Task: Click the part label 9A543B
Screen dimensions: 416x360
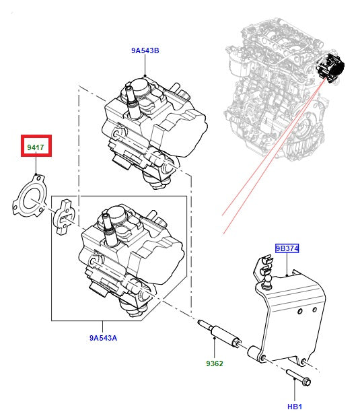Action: coord(145,50)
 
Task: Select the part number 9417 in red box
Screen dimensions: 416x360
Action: coord(36,146)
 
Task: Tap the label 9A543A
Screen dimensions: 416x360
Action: coord(103,337)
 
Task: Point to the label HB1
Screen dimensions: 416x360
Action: coord(294,407)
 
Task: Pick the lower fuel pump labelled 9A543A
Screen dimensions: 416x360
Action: coord(124,259)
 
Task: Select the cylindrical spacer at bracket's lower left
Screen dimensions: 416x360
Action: coord(255,352)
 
